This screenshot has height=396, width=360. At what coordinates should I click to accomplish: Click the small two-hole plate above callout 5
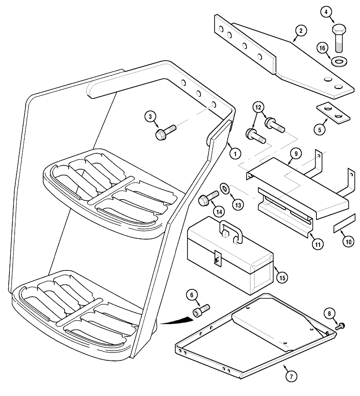coord(333,112)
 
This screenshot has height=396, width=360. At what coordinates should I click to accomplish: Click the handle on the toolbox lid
coord(230,232)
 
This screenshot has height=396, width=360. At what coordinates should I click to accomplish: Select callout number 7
coord(292,377)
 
